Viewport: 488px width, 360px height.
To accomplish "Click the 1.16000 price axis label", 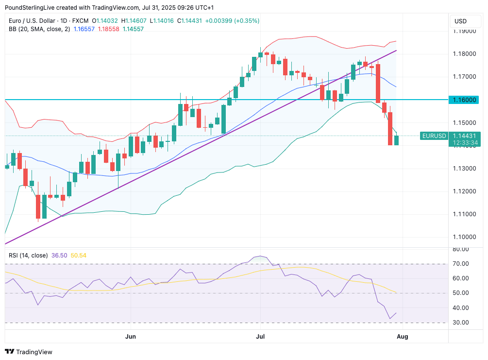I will pos(464,100).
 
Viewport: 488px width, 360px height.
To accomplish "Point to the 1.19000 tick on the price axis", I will pos(464,31).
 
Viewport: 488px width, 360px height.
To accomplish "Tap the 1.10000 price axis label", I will pos(464,237).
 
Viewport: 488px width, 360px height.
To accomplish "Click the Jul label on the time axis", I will pos(260,336).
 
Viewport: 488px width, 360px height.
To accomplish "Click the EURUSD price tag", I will pos(434,136).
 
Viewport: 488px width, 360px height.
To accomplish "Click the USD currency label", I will pos(460,21).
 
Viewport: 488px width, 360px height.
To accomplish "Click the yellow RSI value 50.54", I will pos(78,255).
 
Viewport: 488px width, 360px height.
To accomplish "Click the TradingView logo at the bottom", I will pos(29,352).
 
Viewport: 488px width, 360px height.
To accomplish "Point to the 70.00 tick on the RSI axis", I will pos(460,264).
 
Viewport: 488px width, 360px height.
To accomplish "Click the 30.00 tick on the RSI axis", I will pos(460,323).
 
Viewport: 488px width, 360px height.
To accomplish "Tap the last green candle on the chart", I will pos(396,140).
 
